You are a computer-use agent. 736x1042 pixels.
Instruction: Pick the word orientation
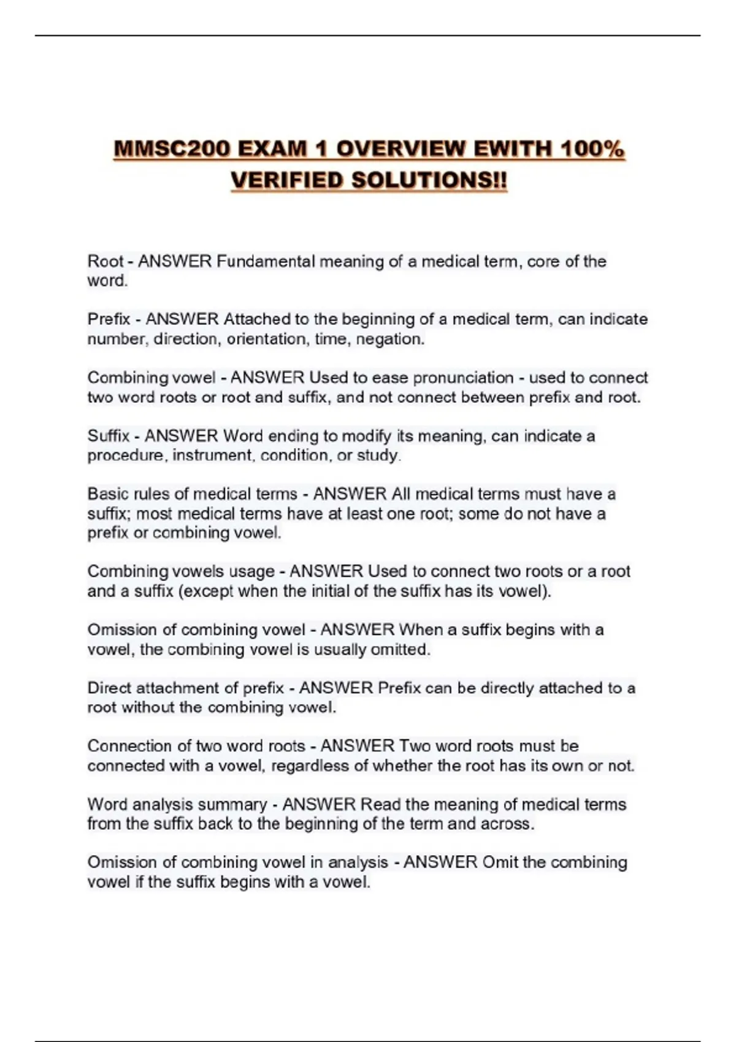pyautogui.click(x=267, y=339)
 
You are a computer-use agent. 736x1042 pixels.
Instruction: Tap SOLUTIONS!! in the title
pyautogui.click(x=429, y=181)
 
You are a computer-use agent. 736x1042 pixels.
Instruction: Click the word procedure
pyautogui.click(x=126, y=455)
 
